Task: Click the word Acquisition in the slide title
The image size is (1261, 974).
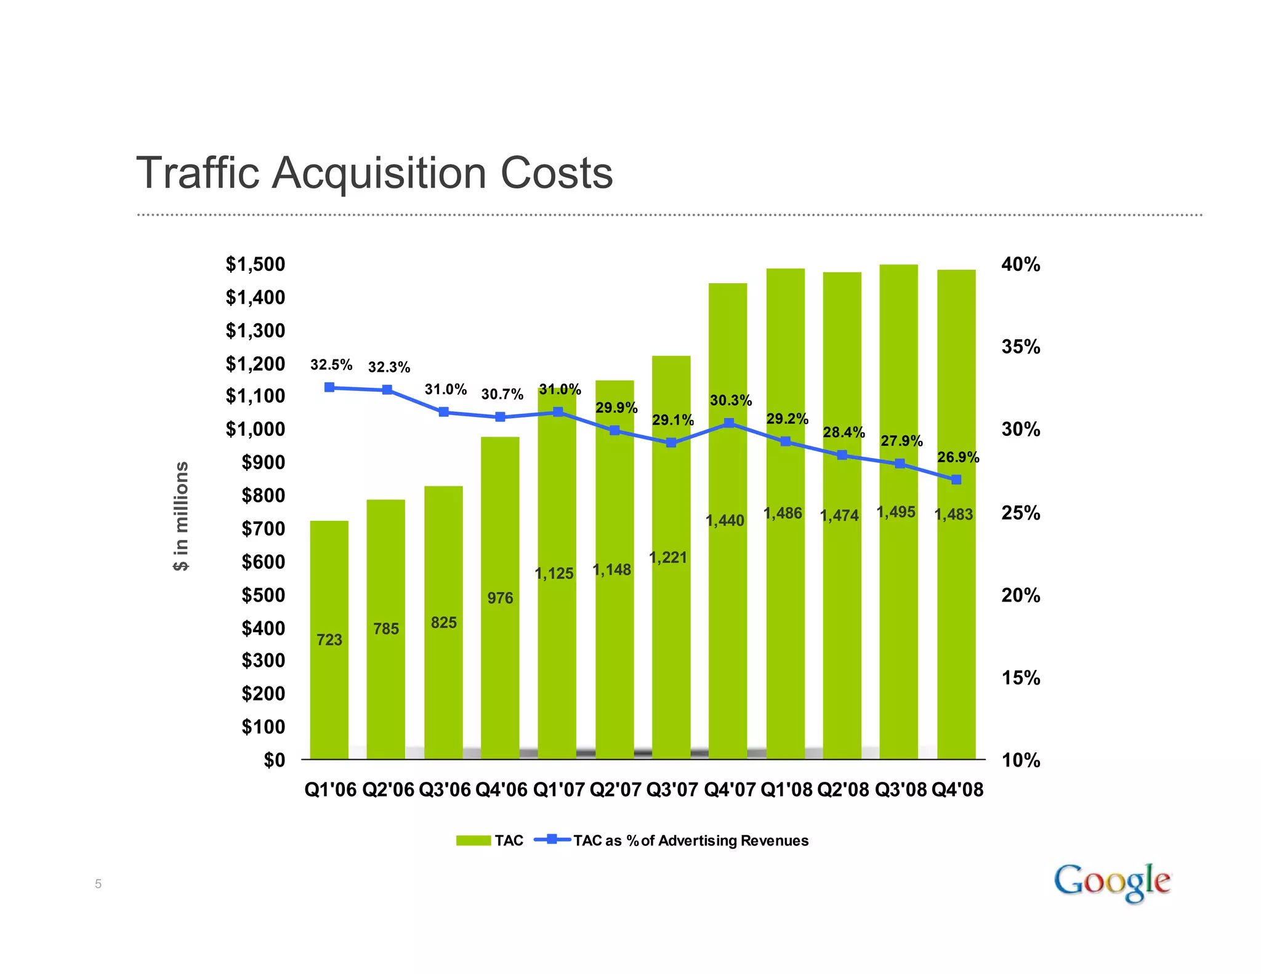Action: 381,174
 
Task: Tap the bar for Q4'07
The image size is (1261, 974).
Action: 728,616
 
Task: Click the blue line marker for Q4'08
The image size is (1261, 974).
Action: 956,480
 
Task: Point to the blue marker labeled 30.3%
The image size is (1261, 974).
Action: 729,423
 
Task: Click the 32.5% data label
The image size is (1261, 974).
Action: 331,365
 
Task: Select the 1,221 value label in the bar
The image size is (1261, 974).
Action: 668,558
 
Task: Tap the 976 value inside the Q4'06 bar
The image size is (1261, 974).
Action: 500,598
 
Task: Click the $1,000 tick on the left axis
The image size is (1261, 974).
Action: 255,429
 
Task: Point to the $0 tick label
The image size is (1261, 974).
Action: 275,760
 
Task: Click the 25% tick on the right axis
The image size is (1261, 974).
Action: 1020,513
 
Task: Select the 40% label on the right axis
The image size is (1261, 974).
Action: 1020,265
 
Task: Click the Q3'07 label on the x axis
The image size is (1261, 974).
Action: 672,790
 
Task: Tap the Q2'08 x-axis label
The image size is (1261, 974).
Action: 842,790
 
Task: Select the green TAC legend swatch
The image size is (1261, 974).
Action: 473,841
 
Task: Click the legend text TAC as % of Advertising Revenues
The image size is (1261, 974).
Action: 690,841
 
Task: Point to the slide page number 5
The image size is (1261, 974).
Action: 98,885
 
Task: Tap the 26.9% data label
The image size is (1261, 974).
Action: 958,457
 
